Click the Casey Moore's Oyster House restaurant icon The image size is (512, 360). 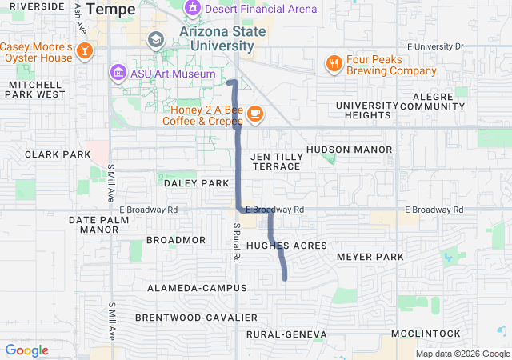[86, 52]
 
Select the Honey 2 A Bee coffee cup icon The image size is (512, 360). [255, 114]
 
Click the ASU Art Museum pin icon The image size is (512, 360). [118, 74]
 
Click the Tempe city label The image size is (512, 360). [110, 9]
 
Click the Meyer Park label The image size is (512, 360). [370, 257]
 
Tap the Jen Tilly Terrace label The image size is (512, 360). [276, 161]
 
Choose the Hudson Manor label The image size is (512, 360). [350, 150]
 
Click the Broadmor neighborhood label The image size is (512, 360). [176, 240]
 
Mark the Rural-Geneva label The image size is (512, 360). [286, 334]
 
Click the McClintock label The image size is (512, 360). [426, 334]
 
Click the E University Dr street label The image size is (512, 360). [434, 46]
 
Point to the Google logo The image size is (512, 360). [26, 350]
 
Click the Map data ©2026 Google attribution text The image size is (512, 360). [462, 354]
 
